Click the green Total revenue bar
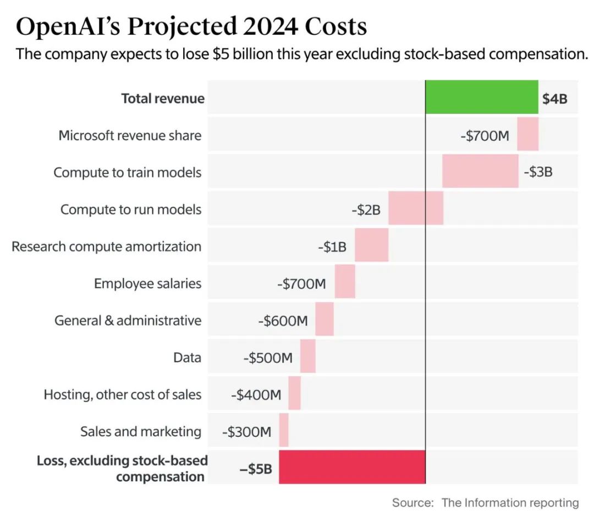tap(482, 97)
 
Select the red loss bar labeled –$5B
tap(352, 467)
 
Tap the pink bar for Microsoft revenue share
tap(527, 135)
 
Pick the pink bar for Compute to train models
tap(480, 172)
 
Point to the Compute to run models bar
tap(416, 209)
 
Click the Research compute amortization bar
tap(372, 246)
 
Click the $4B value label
tap(555, 99)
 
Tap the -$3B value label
tap(538, 172)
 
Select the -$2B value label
tap(366, 210)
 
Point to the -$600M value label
tap(283, 321)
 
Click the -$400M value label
tap(256, 394)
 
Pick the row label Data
tap(187, 358)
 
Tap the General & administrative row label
tap(128, 320)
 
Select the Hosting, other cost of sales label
tap(123, 394)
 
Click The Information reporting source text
tap(510, 502)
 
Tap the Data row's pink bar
tap(308, 357)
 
